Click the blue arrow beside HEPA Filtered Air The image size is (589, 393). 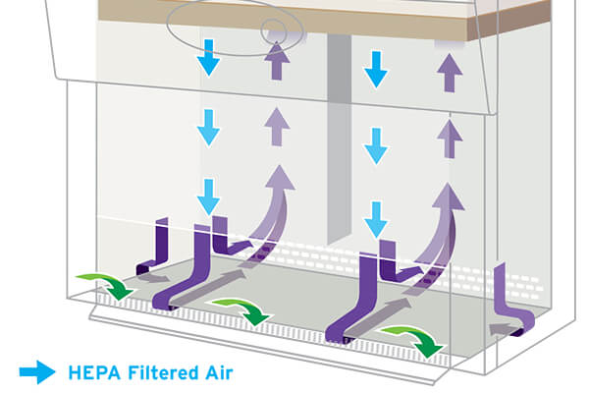37,371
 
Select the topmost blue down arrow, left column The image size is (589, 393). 209,59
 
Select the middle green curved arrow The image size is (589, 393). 242,309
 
